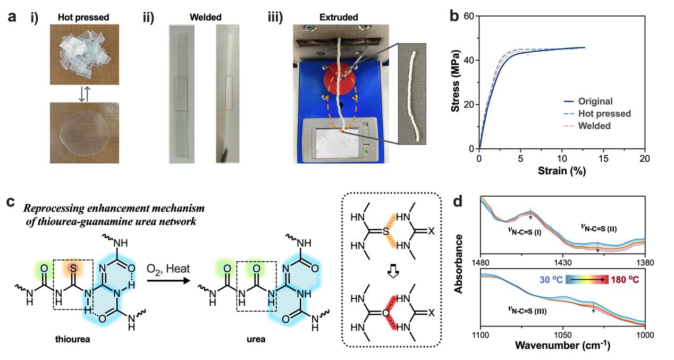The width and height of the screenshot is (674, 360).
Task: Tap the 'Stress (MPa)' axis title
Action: click(x=456, y=82)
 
